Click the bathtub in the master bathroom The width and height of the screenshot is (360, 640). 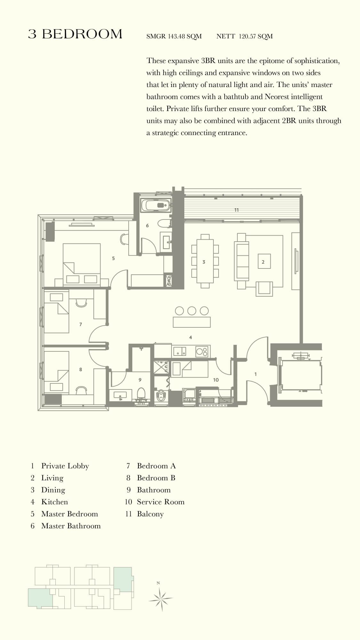(156, 205)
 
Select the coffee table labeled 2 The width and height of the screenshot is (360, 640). (264, 262)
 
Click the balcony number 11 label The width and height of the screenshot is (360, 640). (236, 210)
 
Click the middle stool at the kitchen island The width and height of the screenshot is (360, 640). (192, 310)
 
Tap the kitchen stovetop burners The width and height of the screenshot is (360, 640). (202, 351)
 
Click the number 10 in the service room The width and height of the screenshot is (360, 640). (216, 380)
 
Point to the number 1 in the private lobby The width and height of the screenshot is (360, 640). (255, 374)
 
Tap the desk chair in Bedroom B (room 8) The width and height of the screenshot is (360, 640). (81, 390)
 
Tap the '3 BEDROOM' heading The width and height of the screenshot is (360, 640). (75, 34)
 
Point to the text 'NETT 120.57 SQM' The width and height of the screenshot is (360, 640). (244, 36)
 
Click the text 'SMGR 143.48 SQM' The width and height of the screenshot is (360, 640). (174, 36)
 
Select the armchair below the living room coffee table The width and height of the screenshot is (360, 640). (264, 288)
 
